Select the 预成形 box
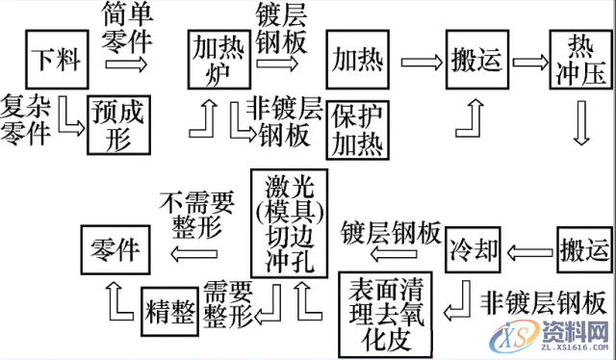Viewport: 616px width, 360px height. click(120, 124)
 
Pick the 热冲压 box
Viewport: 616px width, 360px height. click(578, 62)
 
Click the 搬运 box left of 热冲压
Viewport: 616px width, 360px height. click(475, 62)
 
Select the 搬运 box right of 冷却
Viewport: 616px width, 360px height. click(583, 252)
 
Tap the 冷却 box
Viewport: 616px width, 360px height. click(474, 252)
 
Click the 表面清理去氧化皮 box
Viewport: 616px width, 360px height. click(388, 312)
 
